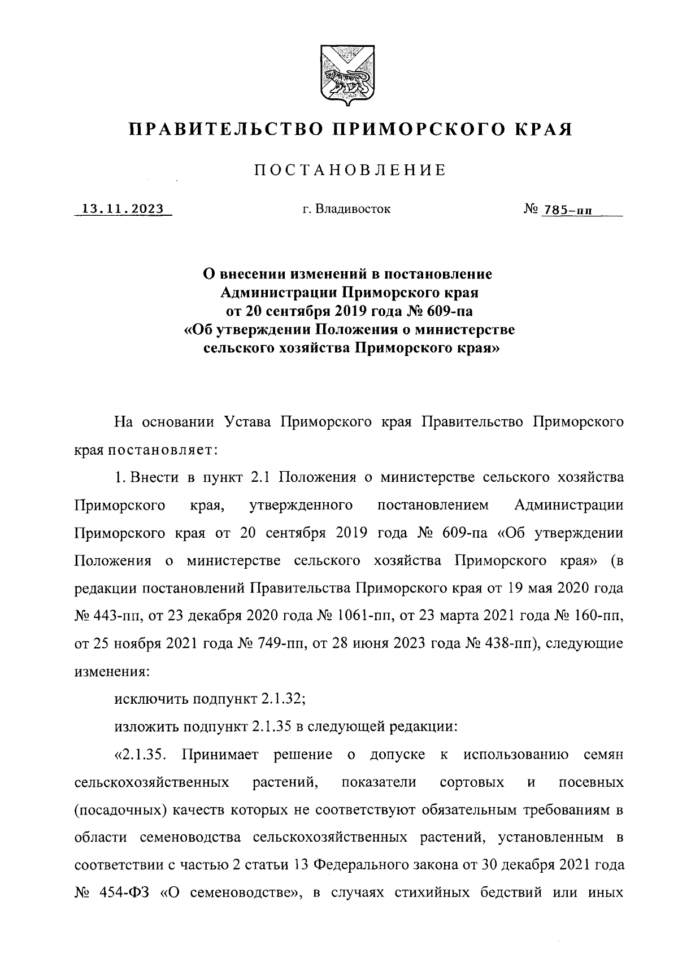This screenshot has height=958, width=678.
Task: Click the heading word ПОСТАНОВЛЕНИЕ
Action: click(x=349, y=169)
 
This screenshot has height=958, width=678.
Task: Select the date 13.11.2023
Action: click(x=123, y=209)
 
